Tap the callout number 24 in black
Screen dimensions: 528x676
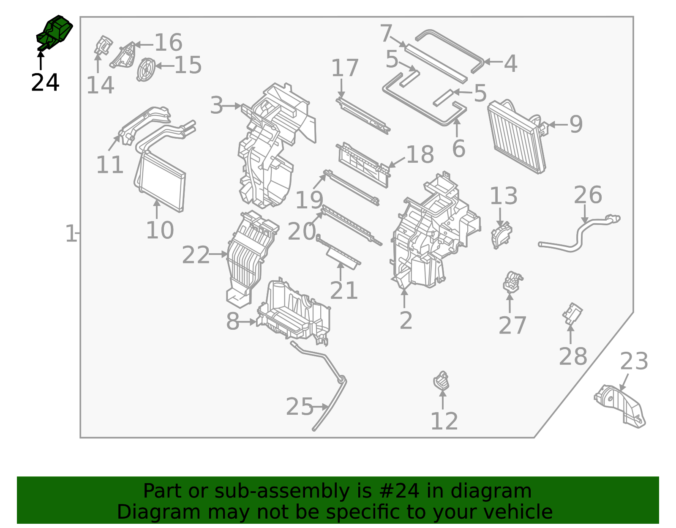45,82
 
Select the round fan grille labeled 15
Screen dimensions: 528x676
146,69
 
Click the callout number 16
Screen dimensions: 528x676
168,43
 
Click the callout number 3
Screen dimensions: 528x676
216,105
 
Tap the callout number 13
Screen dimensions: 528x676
503,196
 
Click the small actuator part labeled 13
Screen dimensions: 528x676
501,236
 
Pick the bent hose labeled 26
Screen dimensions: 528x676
579,235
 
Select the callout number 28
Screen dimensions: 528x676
572,356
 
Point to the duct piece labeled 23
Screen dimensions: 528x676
620,406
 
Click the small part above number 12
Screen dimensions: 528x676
441,381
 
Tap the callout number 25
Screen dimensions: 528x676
299,407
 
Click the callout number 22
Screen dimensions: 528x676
195,255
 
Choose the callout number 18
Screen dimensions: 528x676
420,155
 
